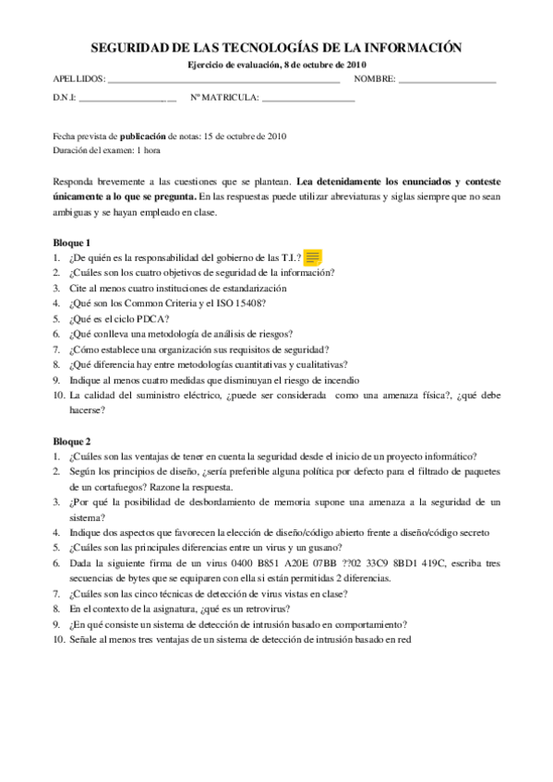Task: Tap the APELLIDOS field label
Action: (78, 80)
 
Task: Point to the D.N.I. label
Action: (64, 97)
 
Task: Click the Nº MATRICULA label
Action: (224, 97)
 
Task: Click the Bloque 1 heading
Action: (71, 243)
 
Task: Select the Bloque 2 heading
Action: (71, 442)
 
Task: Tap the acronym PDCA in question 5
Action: (150, 317)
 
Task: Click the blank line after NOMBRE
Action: (448, 81)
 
